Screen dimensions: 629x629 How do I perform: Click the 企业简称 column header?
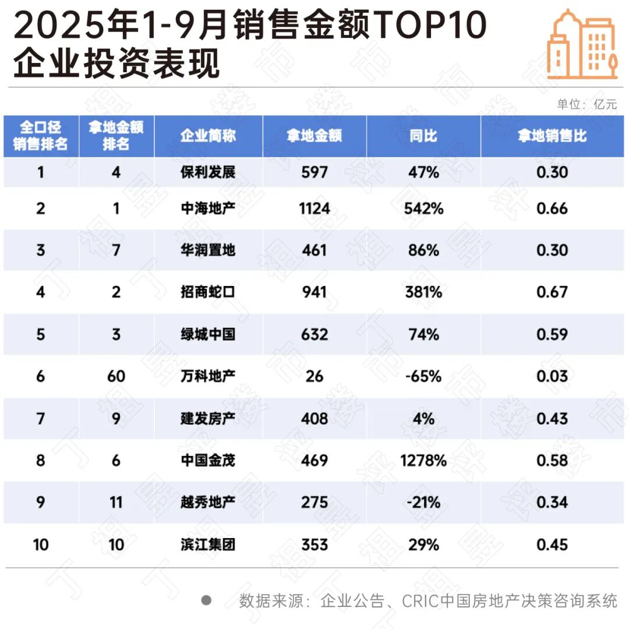208,136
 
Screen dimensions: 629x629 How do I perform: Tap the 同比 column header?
423,136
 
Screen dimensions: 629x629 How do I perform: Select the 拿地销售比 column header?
552,136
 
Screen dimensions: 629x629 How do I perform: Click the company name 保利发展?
208,172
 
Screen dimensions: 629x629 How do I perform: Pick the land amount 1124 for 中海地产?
314,209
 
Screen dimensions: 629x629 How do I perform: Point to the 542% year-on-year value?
423,209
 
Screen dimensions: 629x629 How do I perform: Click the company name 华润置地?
208,250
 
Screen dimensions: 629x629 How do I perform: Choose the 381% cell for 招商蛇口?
423,292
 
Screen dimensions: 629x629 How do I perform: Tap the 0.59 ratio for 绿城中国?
552,334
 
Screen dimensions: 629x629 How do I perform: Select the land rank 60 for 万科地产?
116,376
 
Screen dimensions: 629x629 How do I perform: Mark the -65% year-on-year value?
423,376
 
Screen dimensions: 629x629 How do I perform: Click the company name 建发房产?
208,418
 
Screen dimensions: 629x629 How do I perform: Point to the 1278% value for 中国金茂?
423,460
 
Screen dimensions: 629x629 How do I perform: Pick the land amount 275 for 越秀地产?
314,502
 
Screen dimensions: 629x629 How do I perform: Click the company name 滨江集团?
208,545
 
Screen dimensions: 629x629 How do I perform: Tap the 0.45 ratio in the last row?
552,545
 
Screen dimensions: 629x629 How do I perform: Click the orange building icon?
582,45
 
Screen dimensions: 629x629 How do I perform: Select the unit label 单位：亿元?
586,105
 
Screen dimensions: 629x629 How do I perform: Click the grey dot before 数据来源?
206,600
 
